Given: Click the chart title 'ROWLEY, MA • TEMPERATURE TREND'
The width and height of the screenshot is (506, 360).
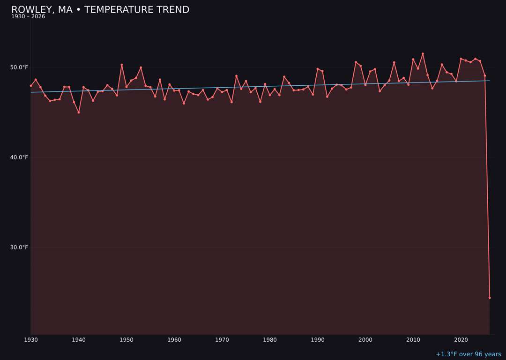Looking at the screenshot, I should pos(100,10).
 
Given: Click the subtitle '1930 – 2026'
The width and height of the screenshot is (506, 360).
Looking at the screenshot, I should pos(28,17).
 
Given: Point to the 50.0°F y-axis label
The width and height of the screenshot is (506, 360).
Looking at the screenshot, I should pos(19,67).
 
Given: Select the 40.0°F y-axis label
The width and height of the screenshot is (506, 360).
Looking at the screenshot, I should pos(19,157).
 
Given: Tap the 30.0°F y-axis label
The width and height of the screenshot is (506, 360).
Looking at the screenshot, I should pos(19,247).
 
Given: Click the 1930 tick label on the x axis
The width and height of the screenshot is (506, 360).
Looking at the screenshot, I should pos(31,340).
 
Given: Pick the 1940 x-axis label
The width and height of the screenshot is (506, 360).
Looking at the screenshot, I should pos(79,340).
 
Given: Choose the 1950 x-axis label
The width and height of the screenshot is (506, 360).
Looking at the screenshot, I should pos(126,340).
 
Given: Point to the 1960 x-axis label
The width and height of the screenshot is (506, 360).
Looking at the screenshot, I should pos(174,340).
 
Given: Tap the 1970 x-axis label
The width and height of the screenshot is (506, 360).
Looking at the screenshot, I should pos(222,340).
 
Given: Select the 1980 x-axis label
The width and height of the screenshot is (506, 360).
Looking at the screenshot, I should pos(270,340).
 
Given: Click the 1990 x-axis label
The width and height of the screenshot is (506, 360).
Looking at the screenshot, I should pos(318,340).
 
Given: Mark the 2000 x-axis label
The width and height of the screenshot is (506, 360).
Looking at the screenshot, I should pos(365,340).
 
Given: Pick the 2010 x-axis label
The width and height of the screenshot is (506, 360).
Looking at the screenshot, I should pos(413,340).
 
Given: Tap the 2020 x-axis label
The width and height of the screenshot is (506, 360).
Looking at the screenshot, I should pos(461,340).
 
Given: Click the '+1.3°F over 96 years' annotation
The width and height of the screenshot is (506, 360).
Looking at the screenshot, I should pos(468,354).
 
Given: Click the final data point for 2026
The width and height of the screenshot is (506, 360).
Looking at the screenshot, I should pos(490,298).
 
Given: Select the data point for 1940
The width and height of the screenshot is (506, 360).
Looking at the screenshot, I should pos(79,112).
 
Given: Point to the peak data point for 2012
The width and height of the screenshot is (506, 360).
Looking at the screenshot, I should pos(423,54).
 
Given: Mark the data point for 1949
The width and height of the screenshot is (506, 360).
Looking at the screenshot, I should pos(122,65).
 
